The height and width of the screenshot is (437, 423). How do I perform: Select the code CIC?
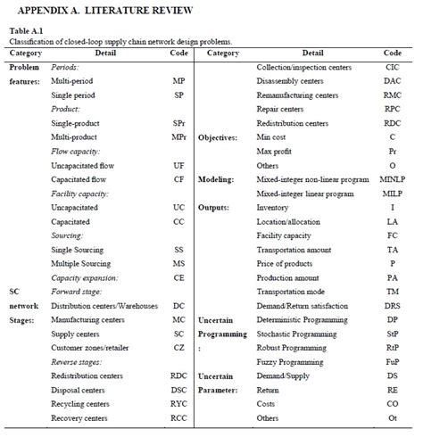click(392, 67)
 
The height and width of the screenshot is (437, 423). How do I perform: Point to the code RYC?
click(179, 403)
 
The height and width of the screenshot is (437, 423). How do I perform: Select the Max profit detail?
click(275, 151)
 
